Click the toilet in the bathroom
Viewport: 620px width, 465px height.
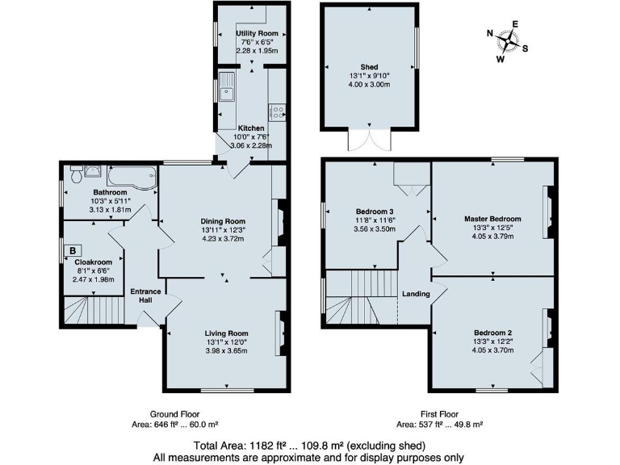coord(76,172)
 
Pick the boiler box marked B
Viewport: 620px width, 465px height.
coord(73,251)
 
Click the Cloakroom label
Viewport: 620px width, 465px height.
coord(93,262)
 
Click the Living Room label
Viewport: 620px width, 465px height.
coord(226,333)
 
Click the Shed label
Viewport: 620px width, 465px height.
coord(369,68)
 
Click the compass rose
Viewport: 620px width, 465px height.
coord(509,40)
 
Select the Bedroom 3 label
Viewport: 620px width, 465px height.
coord(374,211)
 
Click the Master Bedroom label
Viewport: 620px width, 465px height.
coord(492,219)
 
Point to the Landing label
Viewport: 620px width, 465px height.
coord(416,294)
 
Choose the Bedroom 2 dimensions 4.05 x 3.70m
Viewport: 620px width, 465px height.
coord(492,350)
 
